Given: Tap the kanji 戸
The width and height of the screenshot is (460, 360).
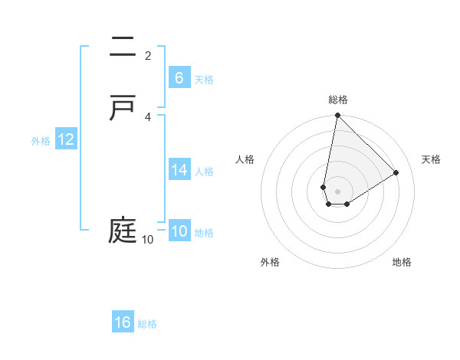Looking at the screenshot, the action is point(123,107).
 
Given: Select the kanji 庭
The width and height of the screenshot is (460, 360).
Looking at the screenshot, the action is point(123,231).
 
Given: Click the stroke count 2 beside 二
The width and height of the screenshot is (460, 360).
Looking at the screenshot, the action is point(148,56).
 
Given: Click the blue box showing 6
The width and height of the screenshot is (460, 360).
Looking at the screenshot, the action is point(179,78).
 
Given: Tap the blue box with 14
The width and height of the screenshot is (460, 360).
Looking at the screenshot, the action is point(179,170).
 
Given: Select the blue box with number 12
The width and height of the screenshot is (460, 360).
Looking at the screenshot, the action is point(66,139).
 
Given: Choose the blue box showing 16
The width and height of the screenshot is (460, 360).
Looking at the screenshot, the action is point(123,322).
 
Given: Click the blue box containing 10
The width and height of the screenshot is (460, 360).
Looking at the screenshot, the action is point(179,232).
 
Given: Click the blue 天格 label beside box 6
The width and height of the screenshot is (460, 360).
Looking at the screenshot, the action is point(204,80).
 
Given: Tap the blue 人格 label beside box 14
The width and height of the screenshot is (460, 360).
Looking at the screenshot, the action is point(204,172).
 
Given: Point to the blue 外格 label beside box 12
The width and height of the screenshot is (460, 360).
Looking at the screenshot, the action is point(41,141).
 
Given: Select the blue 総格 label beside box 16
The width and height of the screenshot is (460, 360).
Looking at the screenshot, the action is point(147,324).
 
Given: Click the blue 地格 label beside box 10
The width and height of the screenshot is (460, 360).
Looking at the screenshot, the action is point(204,233).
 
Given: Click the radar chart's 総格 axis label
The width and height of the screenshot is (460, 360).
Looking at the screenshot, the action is point(338,100).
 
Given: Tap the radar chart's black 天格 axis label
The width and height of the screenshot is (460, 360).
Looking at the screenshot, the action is point(432,159).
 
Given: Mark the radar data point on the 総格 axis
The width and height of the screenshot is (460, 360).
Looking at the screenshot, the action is point(337,116).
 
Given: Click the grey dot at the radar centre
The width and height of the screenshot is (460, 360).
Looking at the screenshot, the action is point(337,191).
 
